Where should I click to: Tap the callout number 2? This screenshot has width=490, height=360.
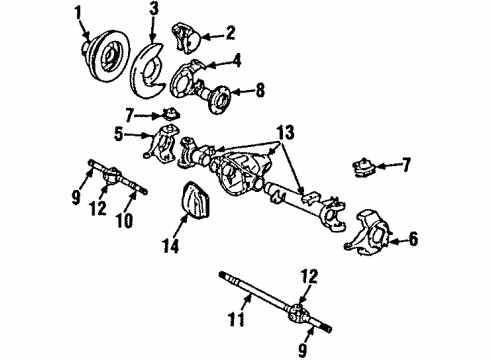[x=230, y=32]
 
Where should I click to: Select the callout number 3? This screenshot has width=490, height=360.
[x=152, y=13]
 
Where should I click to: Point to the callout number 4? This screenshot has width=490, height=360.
[x=237, y=60]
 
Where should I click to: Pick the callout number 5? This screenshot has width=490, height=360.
[x=118, y=133]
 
